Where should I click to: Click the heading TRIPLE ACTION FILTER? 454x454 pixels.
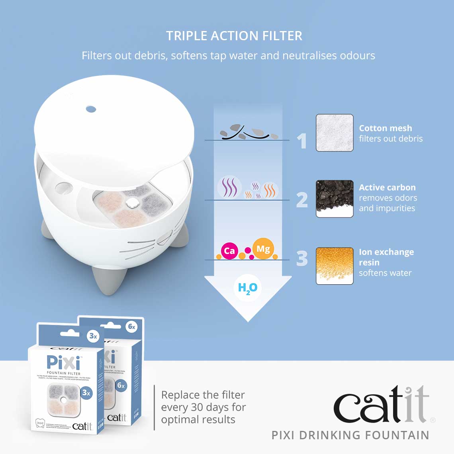click(234, 36)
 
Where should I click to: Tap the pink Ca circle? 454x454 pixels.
click(229, 251)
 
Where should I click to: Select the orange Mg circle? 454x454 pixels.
click(263, 249)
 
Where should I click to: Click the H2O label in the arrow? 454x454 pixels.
click(248, 288)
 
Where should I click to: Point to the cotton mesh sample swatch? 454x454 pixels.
click(335, 133)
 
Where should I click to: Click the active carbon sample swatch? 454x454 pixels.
click(335, 199)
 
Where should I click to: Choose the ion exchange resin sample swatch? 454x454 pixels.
click(335, 266)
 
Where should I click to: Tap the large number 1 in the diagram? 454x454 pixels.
click(303, 141)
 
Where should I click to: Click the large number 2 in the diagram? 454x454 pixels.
click(302, 200)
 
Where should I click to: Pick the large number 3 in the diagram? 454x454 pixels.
click(302, 258)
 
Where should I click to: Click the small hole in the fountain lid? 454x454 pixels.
click(91, 108)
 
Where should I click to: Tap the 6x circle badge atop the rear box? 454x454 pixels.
click(131, 327)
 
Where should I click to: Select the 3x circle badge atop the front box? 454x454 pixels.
click(93, 336)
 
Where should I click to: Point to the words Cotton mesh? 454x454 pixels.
click(386, 128)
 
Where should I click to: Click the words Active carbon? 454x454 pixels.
click(387, 188)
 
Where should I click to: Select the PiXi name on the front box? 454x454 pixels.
click(63, 362)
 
